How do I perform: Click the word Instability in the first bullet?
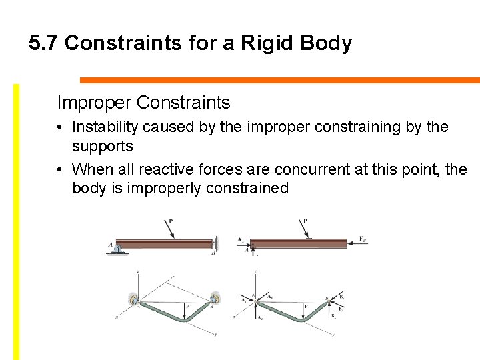tap(101, 127)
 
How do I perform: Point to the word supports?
tap(103, 145)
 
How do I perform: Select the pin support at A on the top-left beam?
tap(117, 249)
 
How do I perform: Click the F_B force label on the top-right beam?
tap(363, 239)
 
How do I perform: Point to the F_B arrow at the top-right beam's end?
tap(357, 245)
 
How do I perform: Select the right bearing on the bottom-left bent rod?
tap(215, 297)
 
